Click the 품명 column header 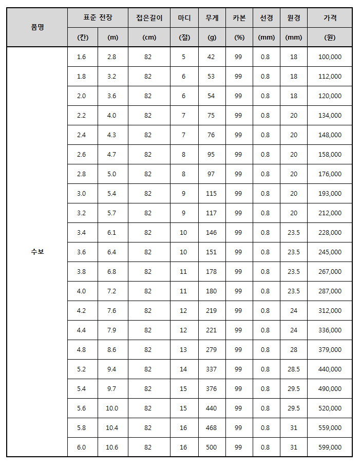click(x=37, y=27)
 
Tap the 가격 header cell click(x=330, y=18)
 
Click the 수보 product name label click(x=37, y=252)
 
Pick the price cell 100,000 click(x=330, y=57)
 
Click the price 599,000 click(x=330, y=447)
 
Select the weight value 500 click(x=212, y=447)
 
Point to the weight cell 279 click(x=212, y=349)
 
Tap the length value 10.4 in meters click(x=112, y=427)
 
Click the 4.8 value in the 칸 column click(x=82, y=349)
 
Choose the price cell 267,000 click(x=330, y=271)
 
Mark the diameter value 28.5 click(x=294, y=369)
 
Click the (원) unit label click(x=330, y=37)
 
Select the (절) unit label click(x=184, y=37)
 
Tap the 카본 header click(x=239, y=18)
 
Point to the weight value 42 click(x=212, y=57)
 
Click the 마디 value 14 click(x=184, y=369)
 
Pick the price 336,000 click(x=330, y=330)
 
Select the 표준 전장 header click(x=98, y=18)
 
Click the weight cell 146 click(x=212, y=232)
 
